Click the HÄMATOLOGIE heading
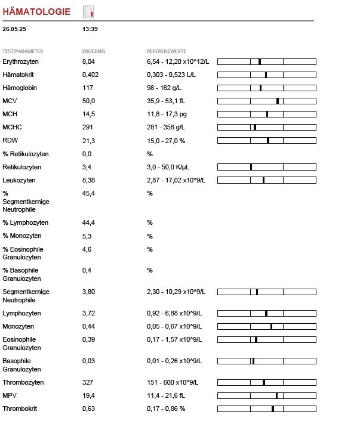click(x=36, y=11)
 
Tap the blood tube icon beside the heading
click(x=88, y=12)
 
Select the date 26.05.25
click(x=14, y=29)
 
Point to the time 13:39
click(x=90, y=29)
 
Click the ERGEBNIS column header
click(x=94, y=51)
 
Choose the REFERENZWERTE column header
click(x=167, y=51)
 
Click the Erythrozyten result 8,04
click(x=88, y=61)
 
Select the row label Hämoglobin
click(x=20, y=88)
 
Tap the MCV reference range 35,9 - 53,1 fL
click(x=166, y=101)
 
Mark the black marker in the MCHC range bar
click(x=255, y=127)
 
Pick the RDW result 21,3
click(x=88, y=141)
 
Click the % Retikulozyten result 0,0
click(x=87, y=154)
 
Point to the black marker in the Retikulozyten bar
click(x=251, y=167)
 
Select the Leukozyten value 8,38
click(x=88, y=180)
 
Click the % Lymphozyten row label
click(x=26, y=222)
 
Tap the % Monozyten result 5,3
click(x=87, y=236)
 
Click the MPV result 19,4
click(x=88, y=395)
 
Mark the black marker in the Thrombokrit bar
click(x=273, y=408)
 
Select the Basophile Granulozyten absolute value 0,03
click(x=88, y=361)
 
